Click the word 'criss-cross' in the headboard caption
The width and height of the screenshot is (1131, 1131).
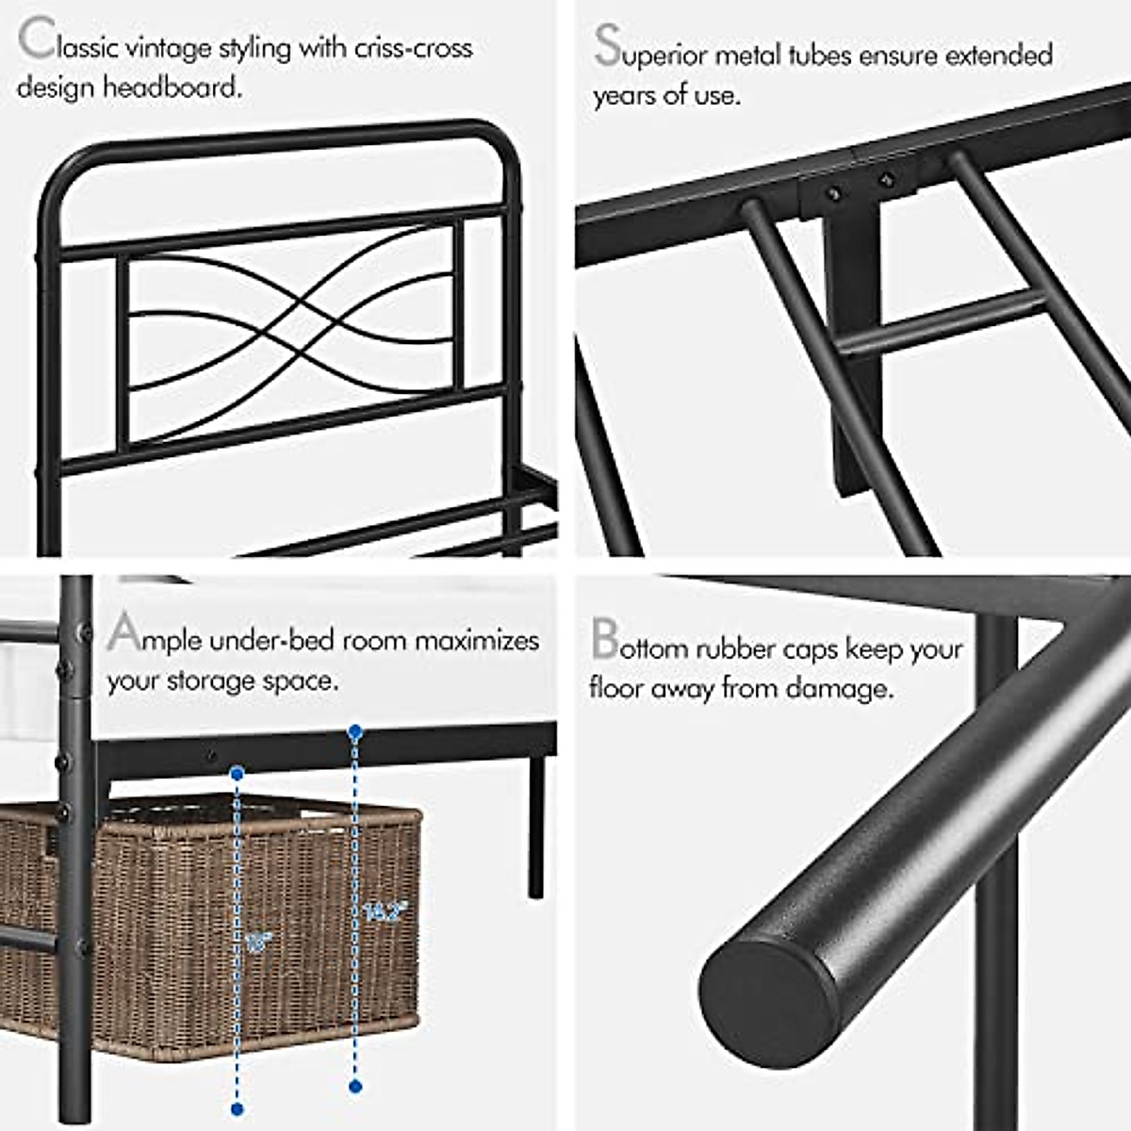413,47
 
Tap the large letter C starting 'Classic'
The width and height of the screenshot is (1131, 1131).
35,41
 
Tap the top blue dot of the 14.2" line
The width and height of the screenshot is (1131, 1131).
355,731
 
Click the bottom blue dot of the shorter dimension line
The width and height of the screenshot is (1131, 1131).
237,1109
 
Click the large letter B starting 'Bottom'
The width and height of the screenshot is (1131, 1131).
604,640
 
